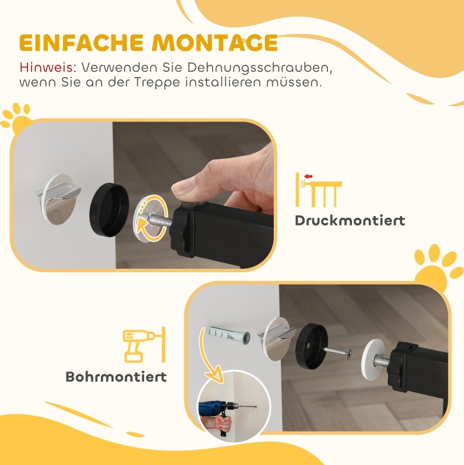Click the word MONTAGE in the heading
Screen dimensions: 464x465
tap(214, 43)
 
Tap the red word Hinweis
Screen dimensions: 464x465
tap(48, 68)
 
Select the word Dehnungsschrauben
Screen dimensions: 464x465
tap(259, 68)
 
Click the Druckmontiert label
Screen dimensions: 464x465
tap(350, 221)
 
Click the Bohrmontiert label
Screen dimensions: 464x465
tap(116, 377)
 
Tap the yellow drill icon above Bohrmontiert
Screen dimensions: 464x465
tap(144, 345)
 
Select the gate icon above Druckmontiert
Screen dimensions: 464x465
tap(319, 190)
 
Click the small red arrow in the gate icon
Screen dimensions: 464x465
tap(308, 176)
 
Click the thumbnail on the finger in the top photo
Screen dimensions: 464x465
tap(182, 189)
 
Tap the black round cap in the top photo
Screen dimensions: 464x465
tap(109, 209)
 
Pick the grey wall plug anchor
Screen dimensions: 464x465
tap(229, 335)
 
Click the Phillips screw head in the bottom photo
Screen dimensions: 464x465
tap(350, 353)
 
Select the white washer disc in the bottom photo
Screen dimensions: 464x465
tap(373, 360)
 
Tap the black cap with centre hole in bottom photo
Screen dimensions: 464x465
tap(312, 346)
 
